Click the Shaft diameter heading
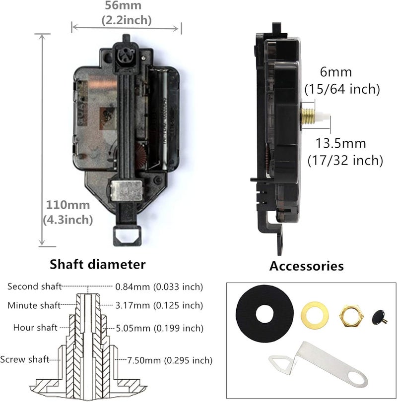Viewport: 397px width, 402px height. pyautogui.click(x=98, y=264)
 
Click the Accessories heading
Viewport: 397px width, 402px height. pyautogui.click(x=306, y=266)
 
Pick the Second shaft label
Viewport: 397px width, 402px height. pyautogui.click(x=34, y=287)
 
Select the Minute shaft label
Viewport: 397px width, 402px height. pyautogui.click(x=34, y=305)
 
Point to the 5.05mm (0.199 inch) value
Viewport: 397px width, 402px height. pyautogui.click(x=159, y=328)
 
